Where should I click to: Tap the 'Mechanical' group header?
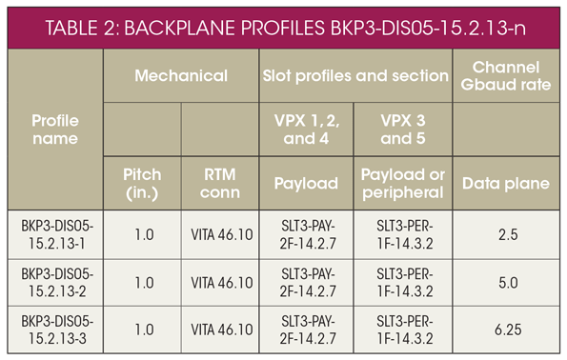[181, 74]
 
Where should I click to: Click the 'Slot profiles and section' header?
[354, 74]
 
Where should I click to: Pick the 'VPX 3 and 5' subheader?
[404, 131]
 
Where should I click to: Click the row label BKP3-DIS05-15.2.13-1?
[55, 232]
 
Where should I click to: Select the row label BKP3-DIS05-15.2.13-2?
[55, 282]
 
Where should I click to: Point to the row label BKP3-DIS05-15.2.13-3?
[55, 330]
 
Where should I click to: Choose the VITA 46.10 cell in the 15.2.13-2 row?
[220, 282]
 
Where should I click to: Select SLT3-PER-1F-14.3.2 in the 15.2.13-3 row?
[404, 330]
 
